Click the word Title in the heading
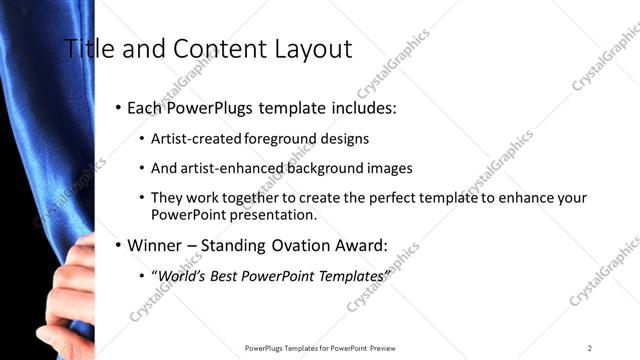click(88, 48)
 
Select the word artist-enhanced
click(230, 168)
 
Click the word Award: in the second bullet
click(359, 244)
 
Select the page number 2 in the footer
click(589, 348)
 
